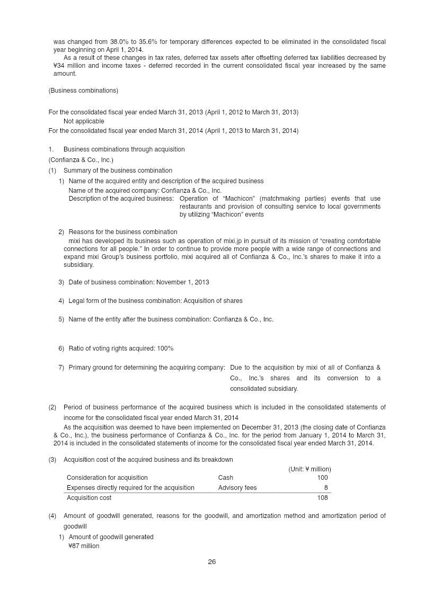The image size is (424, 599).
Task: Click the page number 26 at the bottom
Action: pyautogui.click(x=211, y=562)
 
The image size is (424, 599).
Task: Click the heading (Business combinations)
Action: pyautogui.click(x=83, y=91)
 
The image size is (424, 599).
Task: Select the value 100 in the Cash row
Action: pyautogui.click(x=322, y=478)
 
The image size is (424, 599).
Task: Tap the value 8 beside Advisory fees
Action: pyautogui.click(x=325, y=488)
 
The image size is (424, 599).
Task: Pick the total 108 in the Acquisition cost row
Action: pyautogui.click(x=322, y=498)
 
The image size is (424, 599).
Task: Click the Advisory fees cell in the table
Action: pyautogui.click(x=237, y=488)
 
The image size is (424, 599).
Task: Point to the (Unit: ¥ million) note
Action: pyautogui.click(x=309, y=469)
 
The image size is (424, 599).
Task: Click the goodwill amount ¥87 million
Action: pyautogui.click(x=84, y=546)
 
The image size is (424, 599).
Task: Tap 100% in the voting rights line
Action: pyautogui.click(x=165, y=348)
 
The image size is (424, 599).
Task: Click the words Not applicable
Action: pyautogui.click(x=84, y=121)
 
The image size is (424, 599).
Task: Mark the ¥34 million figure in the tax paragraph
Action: pyautogui.click(x=69, y=66)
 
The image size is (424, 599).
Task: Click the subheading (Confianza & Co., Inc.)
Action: pyautogui.click(x=81, y=160)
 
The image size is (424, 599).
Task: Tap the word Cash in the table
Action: pyautogui.click(x=225, y=478)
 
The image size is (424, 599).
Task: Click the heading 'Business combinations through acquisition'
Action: pyautogui.click(x=124, y=149)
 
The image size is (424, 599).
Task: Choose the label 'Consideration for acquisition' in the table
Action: pyautogui.click(x=107, y=478)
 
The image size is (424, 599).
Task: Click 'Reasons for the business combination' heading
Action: pyautogui.click(x=122, y=232)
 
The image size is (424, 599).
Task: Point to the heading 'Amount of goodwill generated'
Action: pyautogui.click(x=111, y=537)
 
